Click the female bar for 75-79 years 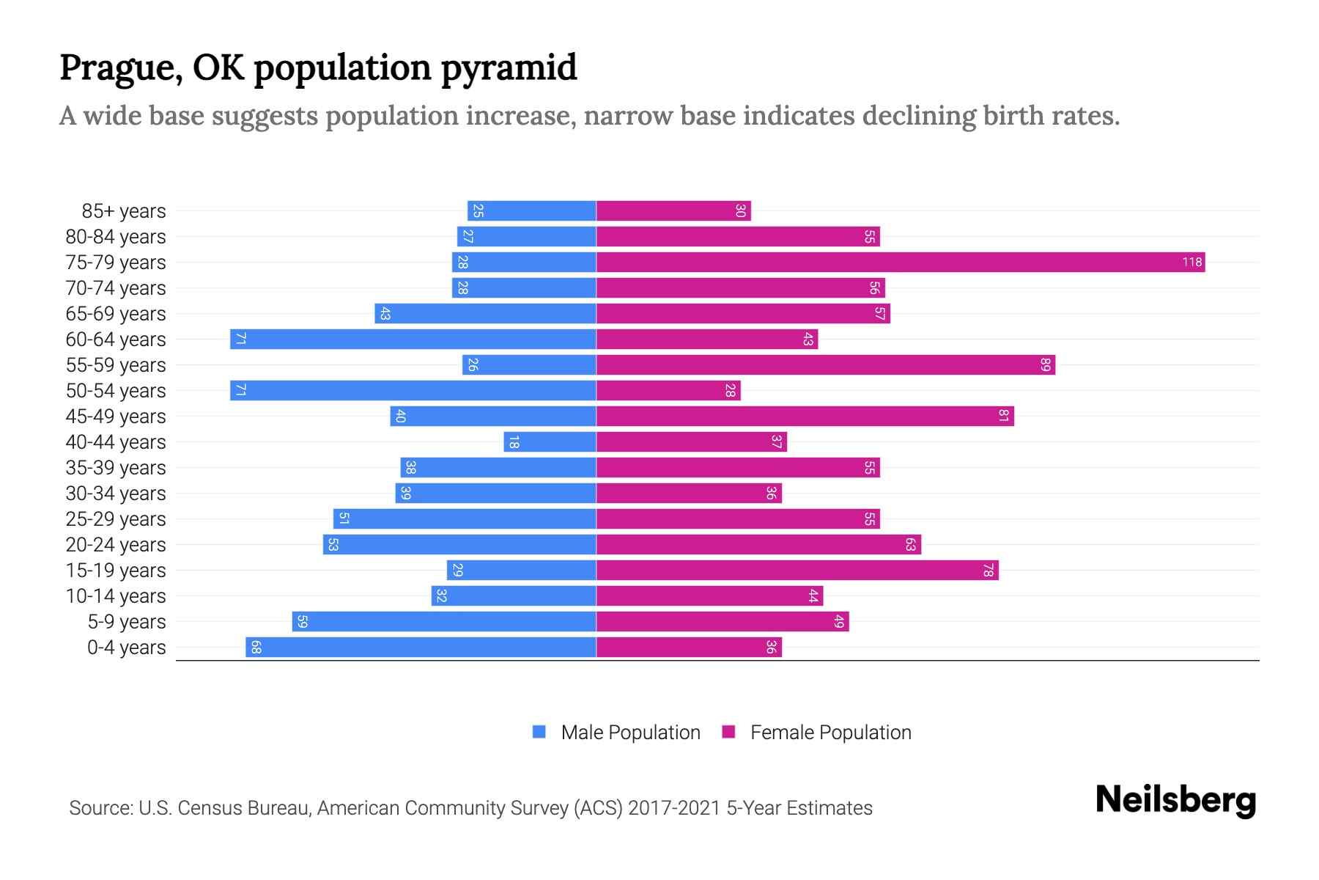pos(900,262)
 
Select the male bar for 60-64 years pos(413,339)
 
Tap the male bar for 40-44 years pos(550,441)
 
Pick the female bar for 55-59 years pos(825,364)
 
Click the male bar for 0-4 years pos(421,647)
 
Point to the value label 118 pos(1191,262)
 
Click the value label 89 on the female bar pos(1046,364)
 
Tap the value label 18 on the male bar pos(514,441)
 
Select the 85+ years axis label pos(124,211)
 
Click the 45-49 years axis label pos(116,417)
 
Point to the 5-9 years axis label pos(127,622)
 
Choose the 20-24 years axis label pos(116,545)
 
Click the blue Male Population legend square pos(539,732)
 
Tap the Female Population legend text pos(830,732)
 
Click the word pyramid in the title pos(509,68)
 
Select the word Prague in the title pos(121,68)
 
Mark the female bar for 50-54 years pos(668,390)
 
